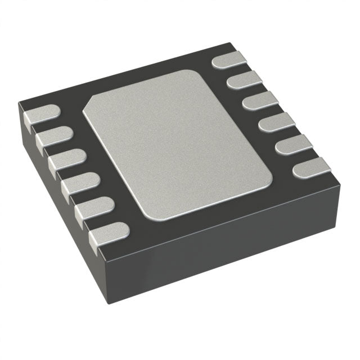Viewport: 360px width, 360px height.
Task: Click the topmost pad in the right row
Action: [x=229, y=59]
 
